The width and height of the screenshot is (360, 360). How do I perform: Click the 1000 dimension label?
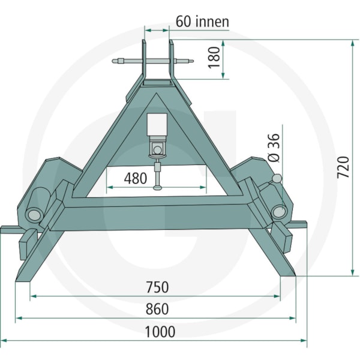(x=160, y=332)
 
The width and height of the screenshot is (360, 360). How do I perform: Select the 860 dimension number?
(x=157, y=309)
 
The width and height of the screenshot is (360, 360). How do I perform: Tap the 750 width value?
(x=157, y=287)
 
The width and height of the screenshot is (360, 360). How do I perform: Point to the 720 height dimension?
(x=343, y=167)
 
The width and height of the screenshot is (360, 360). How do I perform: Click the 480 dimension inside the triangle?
(x=136, y=178)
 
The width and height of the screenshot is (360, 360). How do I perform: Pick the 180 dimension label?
(x=214, y=58)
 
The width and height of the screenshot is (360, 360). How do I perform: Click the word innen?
(x=212, y=22)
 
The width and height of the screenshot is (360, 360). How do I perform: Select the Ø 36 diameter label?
(x=274, y=148)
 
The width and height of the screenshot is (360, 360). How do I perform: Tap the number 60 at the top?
(x=183, y=22)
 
